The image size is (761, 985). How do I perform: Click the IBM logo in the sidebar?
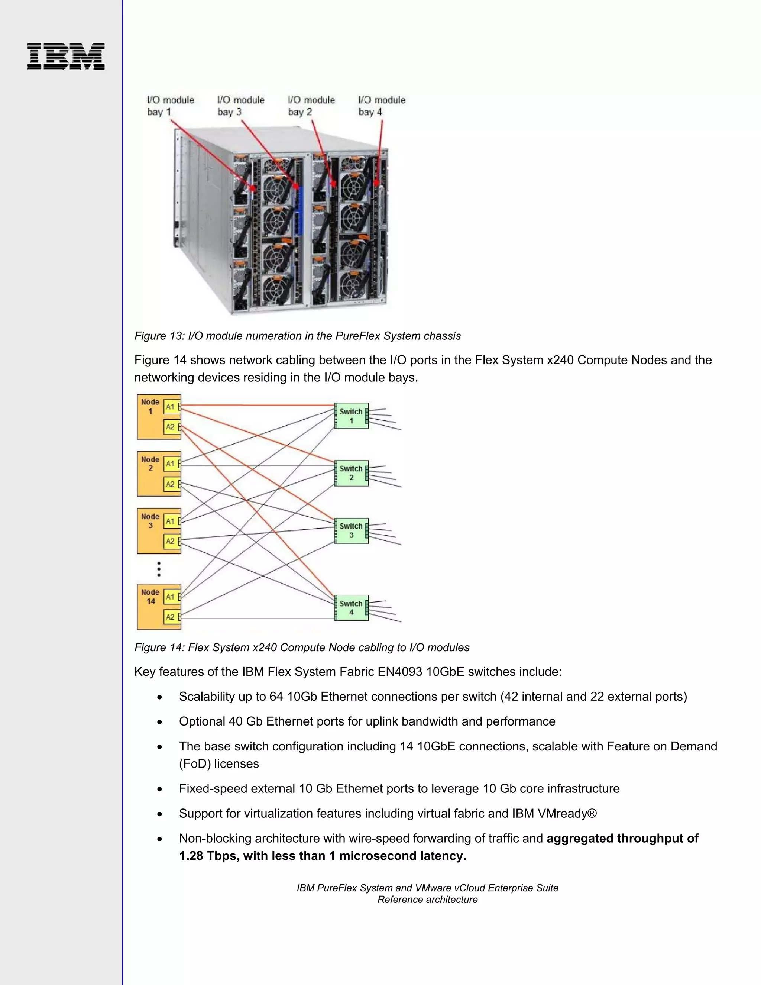click(x=66, y=56)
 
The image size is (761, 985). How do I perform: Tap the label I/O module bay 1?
click(x=171, y=106)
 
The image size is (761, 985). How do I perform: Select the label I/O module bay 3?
click(x=241, y=106)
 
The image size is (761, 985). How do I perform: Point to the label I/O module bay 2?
click(x=311, y=106)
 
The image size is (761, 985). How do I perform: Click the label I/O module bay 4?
click(x=381, y=106)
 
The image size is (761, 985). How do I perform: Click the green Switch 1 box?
click(x=351, y=416)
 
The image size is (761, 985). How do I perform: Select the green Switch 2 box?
click(x=351, y=473)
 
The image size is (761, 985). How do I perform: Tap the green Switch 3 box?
click(x=351, y=530)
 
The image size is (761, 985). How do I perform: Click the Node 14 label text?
click(x=150, y=597)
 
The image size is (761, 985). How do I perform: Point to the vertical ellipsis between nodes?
click(x=159, y=569)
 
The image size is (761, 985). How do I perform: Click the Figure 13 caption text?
click(x=298, y=336)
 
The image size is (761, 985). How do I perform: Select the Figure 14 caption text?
click(x=302, y=647)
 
